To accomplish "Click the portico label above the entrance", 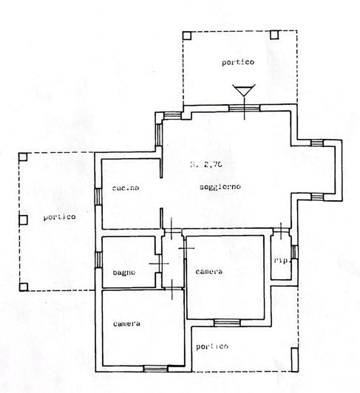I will pyautogui.click(x=237, y=63).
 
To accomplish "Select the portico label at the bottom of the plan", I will pyautogui.click(x=212, y=346).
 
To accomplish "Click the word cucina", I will pyautogui.click(x=126, y=188).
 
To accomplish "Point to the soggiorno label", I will pyautogui.click(x=221, y=188).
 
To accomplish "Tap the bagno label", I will pyautogui.click(x=123, y=274).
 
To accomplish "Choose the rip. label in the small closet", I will pyautogui.click(x=280, y=259).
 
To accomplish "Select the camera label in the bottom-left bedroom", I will pyautogui.click(x=127, y=324).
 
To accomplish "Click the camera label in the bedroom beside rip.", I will pyautogui.click(x=209, y=273).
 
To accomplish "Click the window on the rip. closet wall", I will pyautogui.click(x=295, y=253).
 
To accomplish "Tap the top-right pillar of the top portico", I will pyautogui.click(x=275, y=35).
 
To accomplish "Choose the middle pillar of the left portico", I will pyautogui.click(x=24, y=219).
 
